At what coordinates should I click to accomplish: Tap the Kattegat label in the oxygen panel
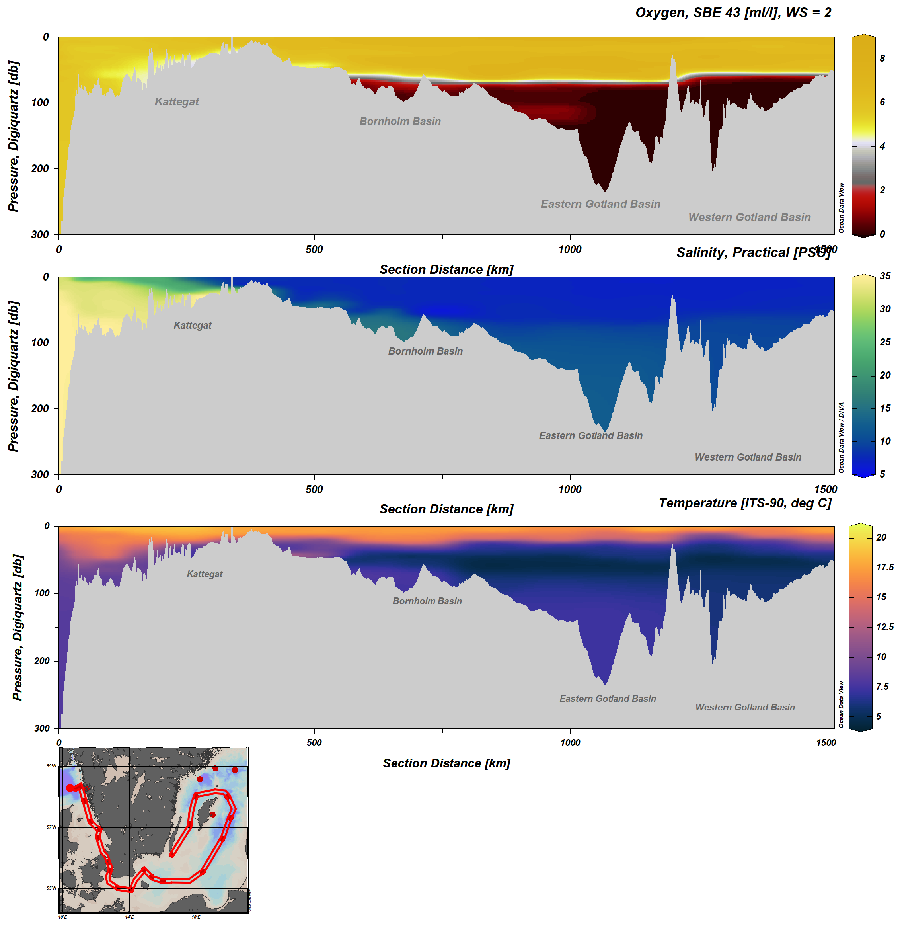coord(177,101)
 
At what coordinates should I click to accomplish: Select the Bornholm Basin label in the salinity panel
coord(425,351)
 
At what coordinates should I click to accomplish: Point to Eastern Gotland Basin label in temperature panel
coord(608,699)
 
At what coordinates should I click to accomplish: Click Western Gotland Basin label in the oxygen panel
coord(749,217)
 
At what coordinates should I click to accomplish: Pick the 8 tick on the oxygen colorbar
coord(882,59)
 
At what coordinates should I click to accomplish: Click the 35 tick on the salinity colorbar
coord(885,276)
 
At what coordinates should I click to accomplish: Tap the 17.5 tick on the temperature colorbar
coord(884,567)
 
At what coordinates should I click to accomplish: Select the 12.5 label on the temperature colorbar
coord(884,627)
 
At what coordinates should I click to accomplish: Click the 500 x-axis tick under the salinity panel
coord(314,490)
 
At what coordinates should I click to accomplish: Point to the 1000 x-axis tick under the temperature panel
coord(570,742)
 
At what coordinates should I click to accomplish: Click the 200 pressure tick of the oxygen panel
coord(40,169)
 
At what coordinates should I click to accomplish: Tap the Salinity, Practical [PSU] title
coord(753,252)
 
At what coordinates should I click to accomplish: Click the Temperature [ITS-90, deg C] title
coord(745,503)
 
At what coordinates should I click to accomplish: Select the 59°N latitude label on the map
coord(51,766)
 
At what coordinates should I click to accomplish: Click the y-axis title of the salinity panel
coord(13,376)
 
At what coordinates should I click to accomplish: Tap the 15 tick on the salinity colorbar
coord(885,408)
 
